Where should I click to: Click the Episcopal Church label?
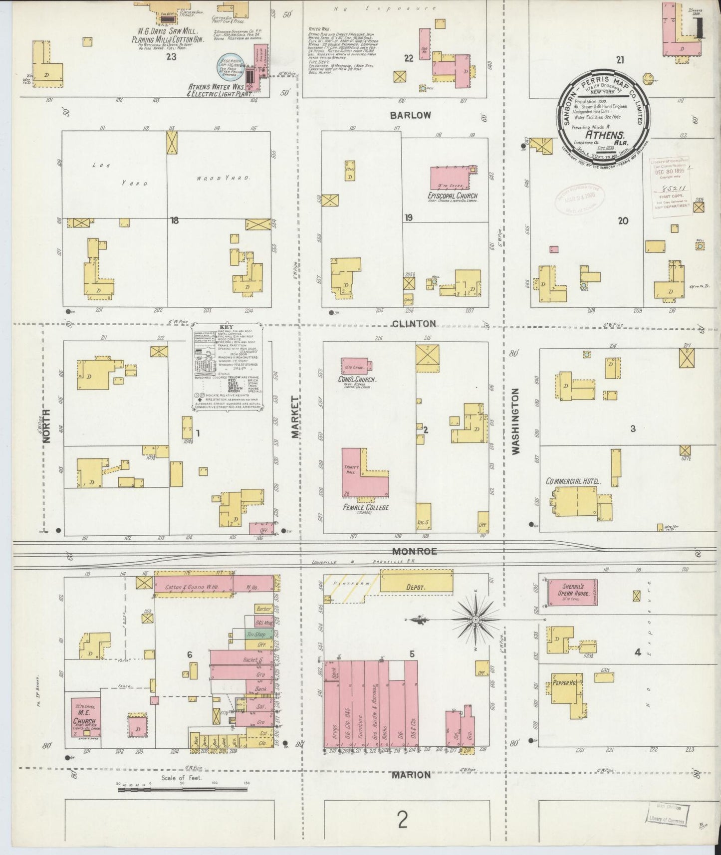click(x=452, y=196)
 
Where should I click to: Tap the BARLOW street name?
click(x=410, y=115)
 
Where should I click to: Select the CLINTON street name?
click(x=415, y=323)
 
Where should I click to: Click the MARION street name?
click(x=411, y=775)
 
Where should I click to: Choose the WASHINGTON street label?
click(x=515, y=422)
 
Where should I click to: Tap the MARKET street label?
click(x=295, y=417)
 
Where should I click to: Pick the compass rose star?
click(x=476, y=620)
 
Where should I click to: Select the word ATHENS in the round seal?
click(x=605, y=135)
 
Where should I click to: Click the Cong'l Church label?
click(x=356, y=380)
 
